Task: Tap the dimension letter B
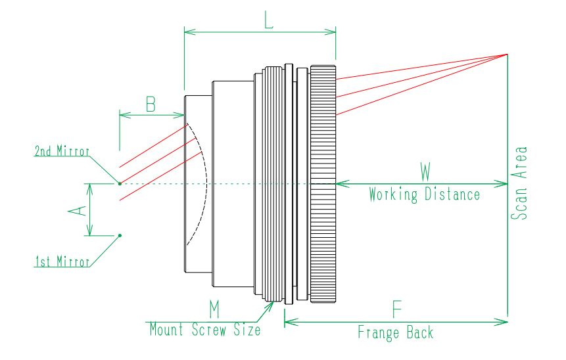pyautogui.click(x=151, y=104)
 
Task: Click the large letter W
pyautogui.click(x=425, y=171)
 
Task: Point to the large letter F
pyautogui.click(x=396, y=309)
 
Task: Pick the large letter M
pyautogui.click(x=214, y=309)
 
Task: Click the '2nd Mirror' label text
pyautogui.click(x=62, y=151)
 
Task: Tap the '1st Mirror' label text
pyautogui.click(x=62, y=261)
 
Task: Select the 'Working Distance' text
pyautogui.click(x=424, y=194)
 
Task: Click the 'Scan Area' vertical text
pyautogui.click(x=519, y=183)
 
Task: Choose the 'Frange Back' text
pyautogui.click(x=396, y=332)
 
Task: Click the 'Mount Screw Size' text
pyautogui.click(x=205, y=329)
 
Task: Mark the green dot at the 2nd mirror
pyautogui.click(x=120, y=183)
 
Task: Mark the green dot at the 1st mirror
pyautogui.click(x=120, y=236)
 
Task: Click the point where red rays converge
pyautogui.click(x=507, y=55)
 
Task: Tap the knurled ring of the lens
pyautogui.click(x=323, y=184)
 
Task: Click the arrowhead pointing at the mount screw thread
pyautogui.click(x=270, y=306)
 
